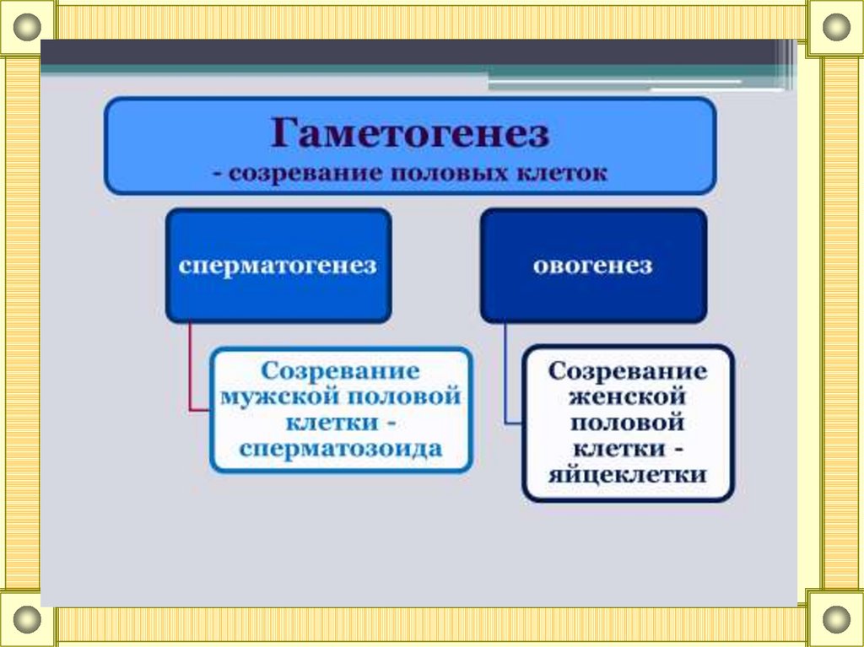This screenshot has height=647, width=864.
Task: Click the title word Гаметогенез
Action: [x=410, y=133]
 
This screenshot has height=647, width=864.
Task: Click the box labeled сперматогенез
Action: [x=278, y=266]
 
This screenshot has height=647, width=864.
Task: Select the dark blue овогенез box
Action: [x=593, y=266]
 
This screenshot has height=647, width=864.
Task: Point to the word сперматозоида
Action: [x=340, y=447]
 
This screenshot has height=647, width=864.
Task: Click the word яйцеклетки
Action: [x=627, y=473]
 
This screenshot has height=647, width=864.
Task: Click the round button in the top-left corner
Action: [x=28, y=28]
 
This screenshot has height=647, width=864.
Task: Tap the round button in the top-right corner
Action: [x=836, y=28]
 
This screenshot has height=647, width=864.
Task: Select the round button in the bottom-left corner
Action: [x=28, y=619]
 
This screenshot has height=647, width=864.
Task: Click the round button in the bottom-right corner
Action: [x=836, y=619]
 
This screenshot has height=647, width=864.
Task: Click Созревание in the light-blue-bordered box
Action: [x=340, y=371]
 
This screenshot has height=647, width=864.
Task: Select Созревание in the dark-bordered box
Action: [x=627, y=371]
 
